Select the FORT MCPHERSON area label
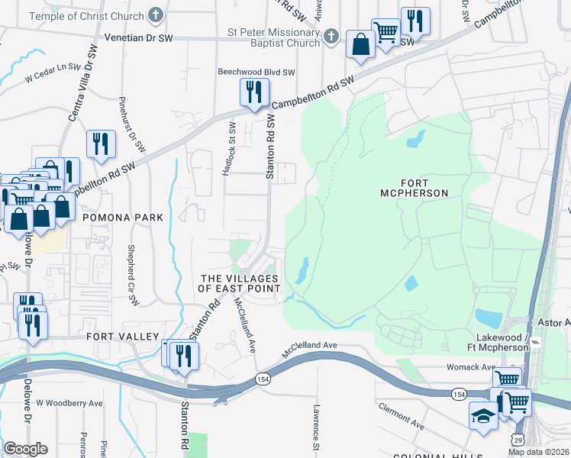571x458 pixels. pos(414,188)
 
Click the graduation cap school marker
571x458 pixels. pos(482,417)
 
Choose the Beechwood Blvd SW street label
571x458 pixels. pos(256,72)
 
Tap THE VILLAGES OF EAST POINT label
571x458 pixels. pos(240,283)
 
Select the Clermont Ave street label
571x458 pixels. pos(401,413)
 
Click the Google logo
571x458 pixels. pos(25,449)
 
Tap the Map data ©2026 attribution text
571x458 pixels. pos(538,452)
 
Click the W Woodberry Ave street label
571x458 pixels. pos(69,402)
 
